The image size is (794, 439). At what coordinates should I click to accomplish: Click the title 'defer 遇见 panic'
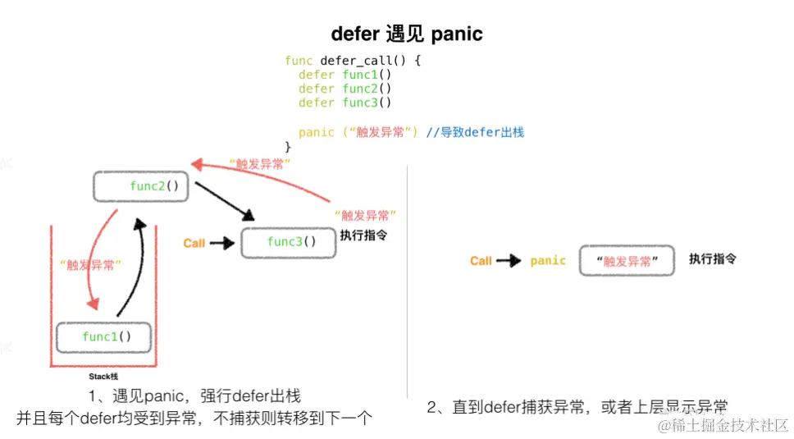pos(406,34)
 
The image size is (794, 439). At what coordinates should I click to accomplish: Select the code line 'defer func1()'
pos(345,75)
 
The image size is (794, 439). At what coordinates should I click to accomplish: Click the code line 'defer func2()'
pos(345,89)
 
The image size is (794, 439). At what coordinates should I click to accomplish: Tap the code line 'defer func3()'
pos(345,103)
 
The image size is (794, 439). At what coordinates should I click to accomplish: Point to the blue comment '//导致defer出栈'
pos(475,132)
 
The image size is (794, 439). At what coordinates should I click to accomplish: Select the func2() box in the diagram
pos(142,186)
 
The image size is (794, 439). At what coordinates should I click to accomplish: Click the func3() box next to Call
pos(289,242)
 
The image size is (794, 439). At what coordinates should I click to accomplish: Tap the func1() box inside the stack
pos(106,336)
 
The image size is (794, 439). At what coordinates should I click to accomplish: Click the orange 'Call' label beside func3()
pos(194,243)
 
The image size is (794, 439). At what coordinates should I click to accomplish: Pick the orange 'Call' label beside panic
pos(481,261)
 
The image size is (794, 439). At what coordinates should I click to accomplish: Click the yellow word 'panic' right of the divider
pos(548,261)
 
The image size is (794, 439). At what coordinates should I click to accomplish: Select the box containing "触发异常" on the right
pos(627,261)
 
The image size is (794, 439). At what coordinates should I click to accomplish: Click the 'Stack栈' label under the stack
pos(103,376)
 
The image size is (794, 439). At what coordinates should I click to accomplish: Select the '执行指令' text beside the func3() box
pos(363,235)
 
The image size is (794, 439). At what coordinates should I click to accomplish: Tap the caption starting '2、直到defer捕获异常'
pos(577,406)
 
